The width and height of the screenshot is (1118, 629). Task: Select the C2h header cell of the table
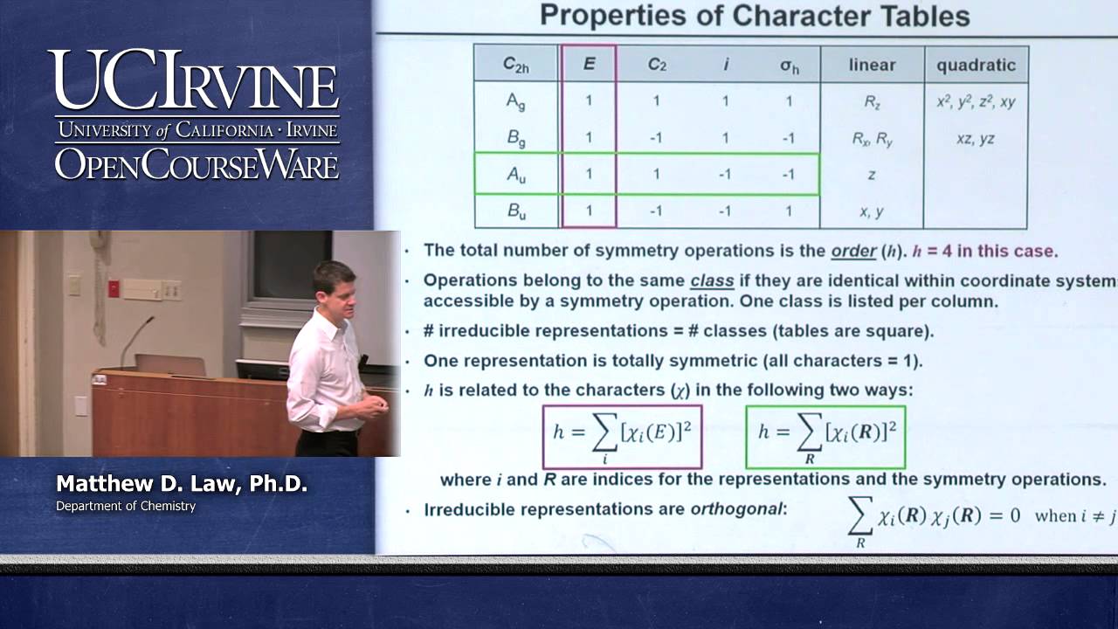click(x=515, y=64)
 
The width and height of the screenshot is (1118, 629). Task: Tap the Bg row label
click(x=515, y=138)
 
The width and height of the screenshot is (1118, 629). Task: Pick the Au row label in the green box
click(x=516, y=175)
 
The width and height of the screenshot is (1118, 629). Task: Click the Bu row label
click(x=516, y=211)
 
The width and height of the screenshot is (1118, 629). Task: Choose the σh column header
click(x=789, y=66)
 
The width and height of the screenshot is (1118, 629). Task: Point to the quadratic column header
click(x=976, y=65)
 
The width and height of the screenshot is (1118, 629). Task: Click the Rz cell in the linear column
click(x=872, y=101)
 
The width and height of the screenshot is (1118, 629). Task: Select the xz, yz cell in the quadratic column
click(x=975, y=138)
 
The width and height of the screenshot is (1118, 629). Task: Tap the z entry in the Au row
click(x=872, y=175)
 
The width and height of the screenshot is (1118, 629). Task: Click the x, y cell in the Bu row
click(x=872, y=211)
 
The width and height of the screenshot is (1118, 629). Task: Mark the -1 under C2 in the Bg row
click(x=657, y=138)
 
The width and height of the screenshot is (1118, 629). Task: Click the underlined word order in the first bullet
click(x=853, y=252)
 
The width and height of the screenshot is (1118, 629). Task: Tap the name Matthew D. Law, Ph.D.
click(x=182, y=484)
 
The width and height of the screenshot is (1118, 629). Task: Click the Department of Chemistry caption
click(x=126, y=506)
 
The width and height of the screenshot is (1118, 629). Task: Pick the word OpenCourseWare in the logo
click(x=197, y=164)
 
